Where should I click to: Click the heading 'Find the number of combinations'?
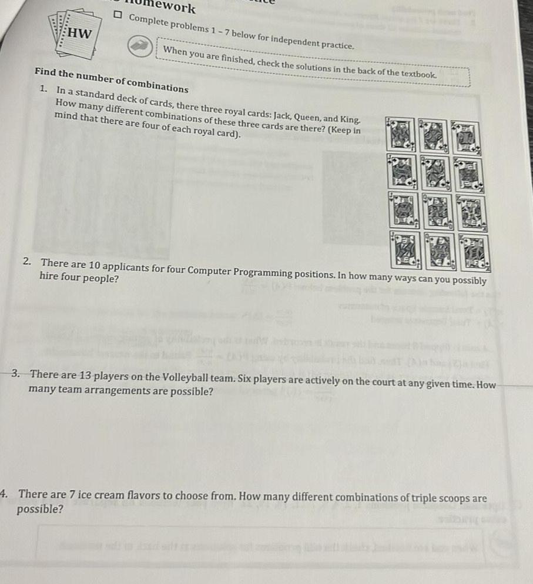[x=112, y=81]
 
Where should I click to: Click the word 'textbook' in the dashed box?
[x=417, y=75]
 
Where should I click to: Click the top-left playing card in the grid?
[x=400, y=135]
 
